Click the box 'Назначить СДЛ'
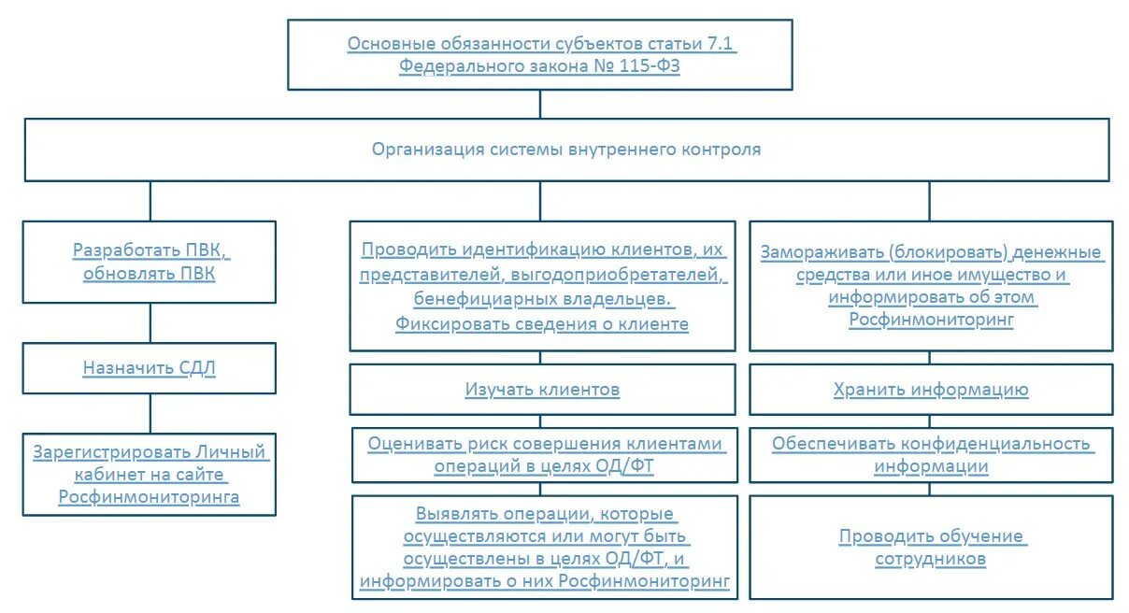pyautogui.click(x=150, y=368)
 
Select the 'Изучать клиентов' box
pyautogui.click(x=542, y=390)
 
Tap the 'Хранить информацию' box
pyautogui.click(x=931, y=390)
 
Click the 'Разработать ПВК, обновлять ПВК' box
pyautogui.click(x=150, y=263)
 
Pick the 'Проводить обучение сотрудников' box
pyautogui.click(x=931, y=548)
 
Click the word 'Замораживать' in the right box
pyautogui.click(x=820, y=252)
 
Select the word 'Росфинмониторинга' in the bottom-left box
pyautogui.click(x=150, y=497)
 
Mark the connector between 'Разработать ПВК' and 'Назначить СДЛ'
pyautogui.click(x=150, y=322)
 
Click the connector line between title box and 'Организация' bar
pyautogui.click(x=540, y=104)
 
